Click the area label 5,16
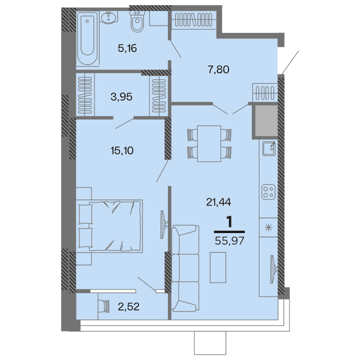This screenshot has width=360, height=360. click(x=126, y=48)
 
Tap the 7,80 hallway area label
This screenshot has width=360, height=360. click(x=218, y=69)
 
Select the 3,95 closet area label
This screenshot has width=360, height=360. click(x=121, y=97)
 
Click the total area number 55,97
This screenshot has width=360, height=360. click(x=229, y=240)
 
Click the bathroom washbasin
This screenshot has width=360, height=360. click(x=107, y=18)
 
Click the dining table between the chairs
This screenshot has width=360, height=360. click(x=209, y=143)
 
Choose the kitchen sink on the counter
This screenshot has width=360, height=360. click(x=268, y=148)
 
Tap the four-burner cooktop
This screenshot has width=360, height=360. click(x=268, y=192)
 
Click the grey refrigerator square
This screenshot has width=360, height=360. click(x=265, y=121)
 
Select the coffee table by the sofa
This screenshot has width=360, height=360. click(x=217, y=268)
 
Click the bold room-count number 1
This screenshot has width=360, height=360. click(x=229, y=221)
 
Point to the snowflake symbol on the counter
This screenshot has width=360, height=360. click(x=268, y=228)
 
